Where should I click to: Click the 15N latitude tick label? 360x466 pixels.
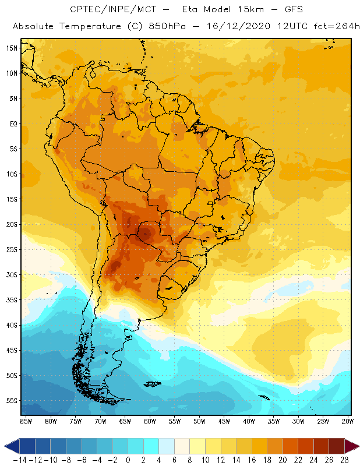click(x=12, y=48)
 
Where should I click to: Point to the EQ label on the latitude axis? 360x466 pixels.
click(x=12, y=123)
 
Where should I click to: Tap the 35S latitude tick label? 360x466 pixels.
click(x=12, y=300)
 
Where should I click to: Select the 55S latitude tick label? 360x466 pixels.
click(x=12, y=401)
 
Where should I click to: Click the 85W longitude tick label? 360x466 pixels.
click(x=26, y=421)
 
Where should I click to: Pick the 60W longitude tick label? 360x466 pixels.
click(x=150, y=421)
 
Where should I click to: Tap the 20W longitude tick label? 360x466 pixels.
click(x=347, y=421)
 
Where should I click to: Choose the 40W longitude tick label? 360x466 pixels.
click(x=249, y=421)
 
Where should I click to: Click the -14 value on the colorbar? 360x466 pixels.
click(x=19, y=460)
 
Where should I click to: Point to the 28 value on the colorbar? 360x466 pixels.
click(x=345, y=460)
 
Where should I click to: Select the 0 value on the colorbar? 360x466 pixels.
click(x=128, y=460)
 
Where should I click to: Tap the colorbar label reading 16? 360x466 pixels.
click(x=252, y=460)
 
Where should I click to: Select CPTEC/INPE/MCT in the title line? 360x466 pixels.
click(x=111, y=10)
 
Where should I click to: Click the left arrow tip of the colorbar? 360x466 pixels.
click(x=6, y=446)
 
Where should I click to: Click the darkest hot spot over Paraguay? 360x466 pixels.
click(x=146, y=234)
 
